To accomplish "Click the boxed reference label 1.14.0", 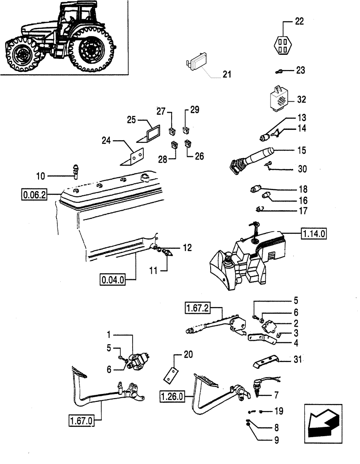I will point(314,234).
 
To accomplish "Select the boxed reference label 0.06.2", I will point(34,194).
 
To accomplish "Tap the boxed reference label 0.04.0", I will point(113,279).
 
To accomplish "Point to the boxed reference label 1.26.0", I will point(173,396).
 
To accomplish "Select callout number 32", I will point(301,99).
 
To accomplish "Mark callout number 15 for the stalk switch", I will point(301,150).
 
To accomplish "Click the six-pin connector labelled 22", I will point(282,46).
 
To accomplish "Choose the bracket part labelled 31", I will point(265,362).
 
